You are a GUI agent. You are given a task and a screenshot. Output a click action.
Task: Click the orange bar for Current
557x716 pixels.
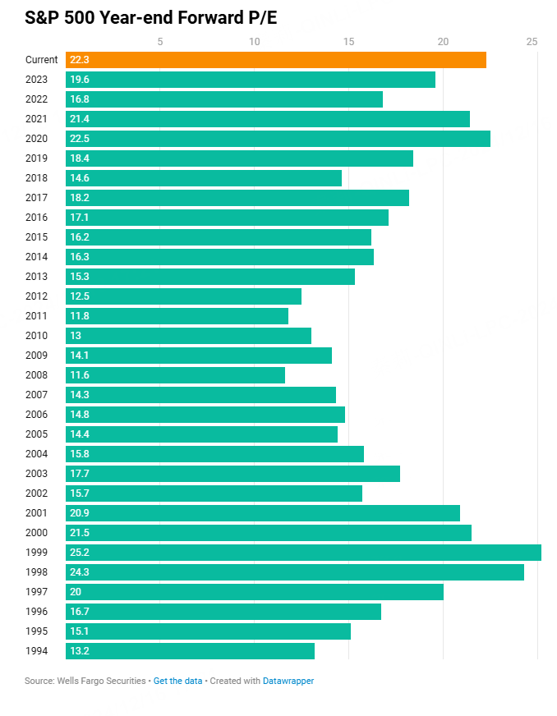pyautogui.click(x=276, y=60)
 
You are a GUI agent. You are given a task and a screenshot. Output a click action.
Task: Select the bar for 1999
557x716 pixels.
pyautogui.click(x=303, y=553)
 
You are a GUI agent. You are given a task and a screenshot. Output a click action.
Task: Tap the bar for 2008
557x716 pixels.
pyautogui.click(x=175, y=375)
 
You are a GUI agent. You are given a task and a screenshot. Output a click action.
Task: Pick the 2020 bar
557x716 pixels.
pyautogui.click(x=278, y=139)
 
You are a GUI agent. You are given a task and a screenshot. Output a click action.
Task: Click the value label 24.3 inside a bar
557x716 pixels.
pyautogui.click(x=80, y=572)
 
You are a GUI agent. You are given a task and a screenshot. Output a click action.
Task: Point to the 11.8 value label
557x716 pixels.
pyautogui.click(x=80, y=316)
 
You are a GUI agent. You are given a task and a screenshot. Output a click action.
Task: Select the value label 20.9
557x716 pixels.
pyautogui.click(x=80, y=513)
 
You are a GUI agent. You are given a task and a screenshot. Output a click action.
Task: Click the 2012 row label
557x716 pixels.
pyautogui.click(x=37, y=296)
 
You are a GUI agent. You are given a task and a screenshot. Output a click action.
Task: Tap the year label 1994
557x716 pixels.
pyautogui.click(x=37, y=651)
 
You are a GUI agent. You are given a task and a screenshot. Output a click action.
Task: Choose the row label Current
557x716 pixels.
pyautogui.click(x=42, y=60)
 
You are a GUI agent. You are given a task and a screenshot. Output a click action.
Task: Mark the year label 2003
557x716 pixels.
pyautogui.click(x=37, y=474)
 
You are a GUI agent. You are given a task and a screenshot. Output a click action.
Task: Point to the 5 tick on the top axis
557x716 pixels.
pyautogui.click(x=159, y=42)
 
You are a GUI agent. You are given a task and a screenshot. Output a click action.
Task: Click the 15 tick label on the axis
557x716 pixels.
pyautogui.click(x=348, y=42)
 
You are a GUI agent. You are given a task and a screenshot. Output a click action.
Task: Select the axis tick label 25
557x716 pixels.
pyautogui.click(x=532, y=42)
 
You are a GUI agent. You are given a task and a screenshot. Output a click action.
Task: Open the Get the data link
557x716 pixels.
pyautogui.click(x=177, y=681)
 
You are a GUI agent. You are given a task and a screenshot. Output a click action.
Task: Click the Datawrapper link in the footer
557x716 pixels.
pyautogui.click(x=288, y=681)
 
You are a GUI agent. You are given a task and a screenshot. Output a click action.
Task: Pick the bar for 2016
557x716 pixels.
pyautogui.click(x=227, y=218)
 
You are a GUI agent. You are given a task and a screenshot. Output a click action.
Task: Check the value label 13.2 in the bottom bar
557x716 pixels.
pyautogui.click(x=80, y=651)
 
